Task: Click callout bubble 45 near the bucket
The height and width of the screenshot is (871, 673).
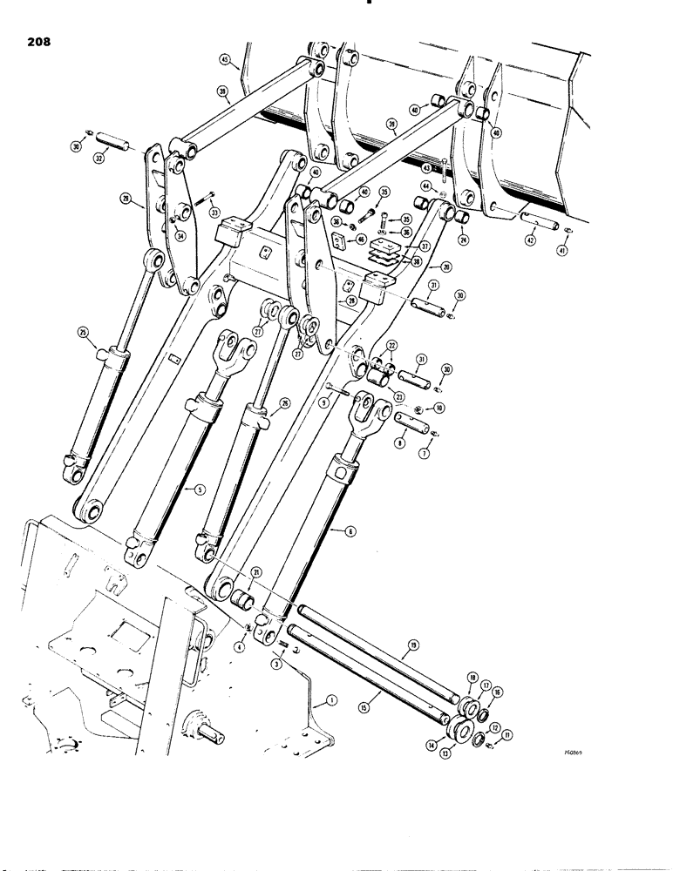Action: click(225, 60)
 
